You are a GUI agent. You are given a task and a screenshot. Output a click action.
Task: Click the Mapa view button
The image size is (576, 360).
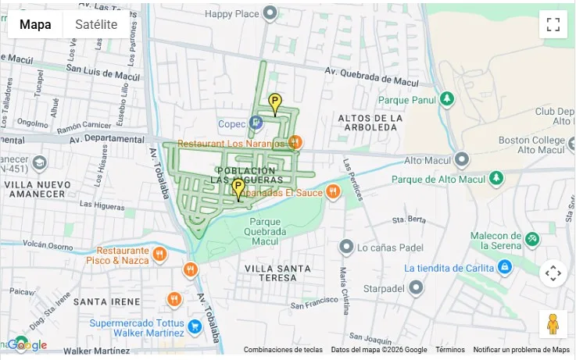(x=35, y=24)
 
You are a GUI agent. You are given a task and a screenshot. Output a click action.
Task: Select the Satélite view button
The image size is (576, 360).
(x=96, y=24)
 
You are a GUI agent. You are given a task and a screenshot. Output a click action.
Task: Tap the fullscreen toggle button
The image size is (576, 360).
(x=553, y=24)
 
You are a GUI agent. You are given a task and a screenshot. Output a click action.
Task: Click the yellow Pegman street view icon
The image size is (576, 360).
(x=553, y=323)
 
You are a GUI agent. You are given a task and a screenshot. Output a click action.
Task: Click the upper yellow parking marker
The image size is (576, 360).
(x=275, y=102)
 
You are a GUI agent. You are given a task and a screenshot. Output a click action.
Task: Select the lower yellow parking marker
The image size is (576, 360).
(x=238, y=187)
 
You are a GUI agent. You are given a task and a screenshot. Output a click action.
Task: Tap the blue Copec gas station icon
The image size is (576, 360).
(x=256, y=123)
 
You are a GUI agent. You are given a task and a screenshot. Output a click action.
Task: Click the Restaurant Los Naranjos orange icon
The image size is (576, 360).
(x=295, y=142)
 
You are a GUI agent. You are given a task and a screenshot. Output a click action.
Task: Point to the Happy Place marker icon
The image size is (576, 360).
(x=270, y=13)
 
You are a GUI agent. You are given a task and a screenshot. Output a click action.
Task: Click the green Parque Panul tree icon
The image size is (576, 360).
(x=446, y=99)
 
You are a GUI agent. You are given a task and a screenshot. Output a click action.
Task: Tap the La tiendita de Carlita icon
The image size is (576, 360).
(x=505, y=267)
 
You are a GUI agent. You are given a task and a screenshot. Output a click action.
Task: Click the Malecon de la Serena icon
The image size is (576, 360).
(x=532, y=238)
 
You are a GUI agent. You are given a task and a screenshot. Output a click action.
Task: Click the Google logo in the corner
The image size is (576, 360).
(x=27, y=344)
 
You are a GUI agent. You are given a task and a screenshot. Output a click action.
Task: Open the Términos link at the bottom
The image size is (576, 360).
(x=450, y=350)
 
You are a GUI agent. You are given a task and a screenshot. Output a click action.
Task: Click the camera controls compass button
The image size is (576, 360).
(x=553, y=273)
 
